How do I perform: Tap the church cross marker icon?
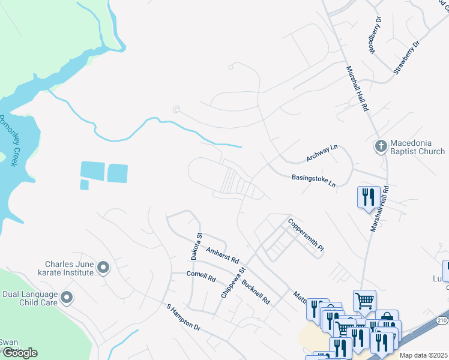380,146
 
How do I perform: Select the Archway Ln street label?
322,154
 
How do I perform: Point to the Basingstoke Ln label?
313,180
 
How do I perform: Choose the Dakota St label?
196,246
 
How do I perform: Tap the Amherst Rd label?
223,256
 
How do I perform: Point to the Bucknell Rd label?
256,290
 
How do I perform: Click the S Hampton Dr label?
183,317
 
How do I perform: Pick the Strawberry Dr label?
406,58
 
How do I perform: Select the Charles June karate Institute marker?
103,268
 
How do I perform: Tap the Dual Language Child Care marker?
67,297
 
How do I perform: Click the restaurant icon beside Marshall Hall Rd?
367,197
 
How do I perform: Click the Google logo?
19,353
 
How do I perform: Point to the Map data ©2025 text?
423,355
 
